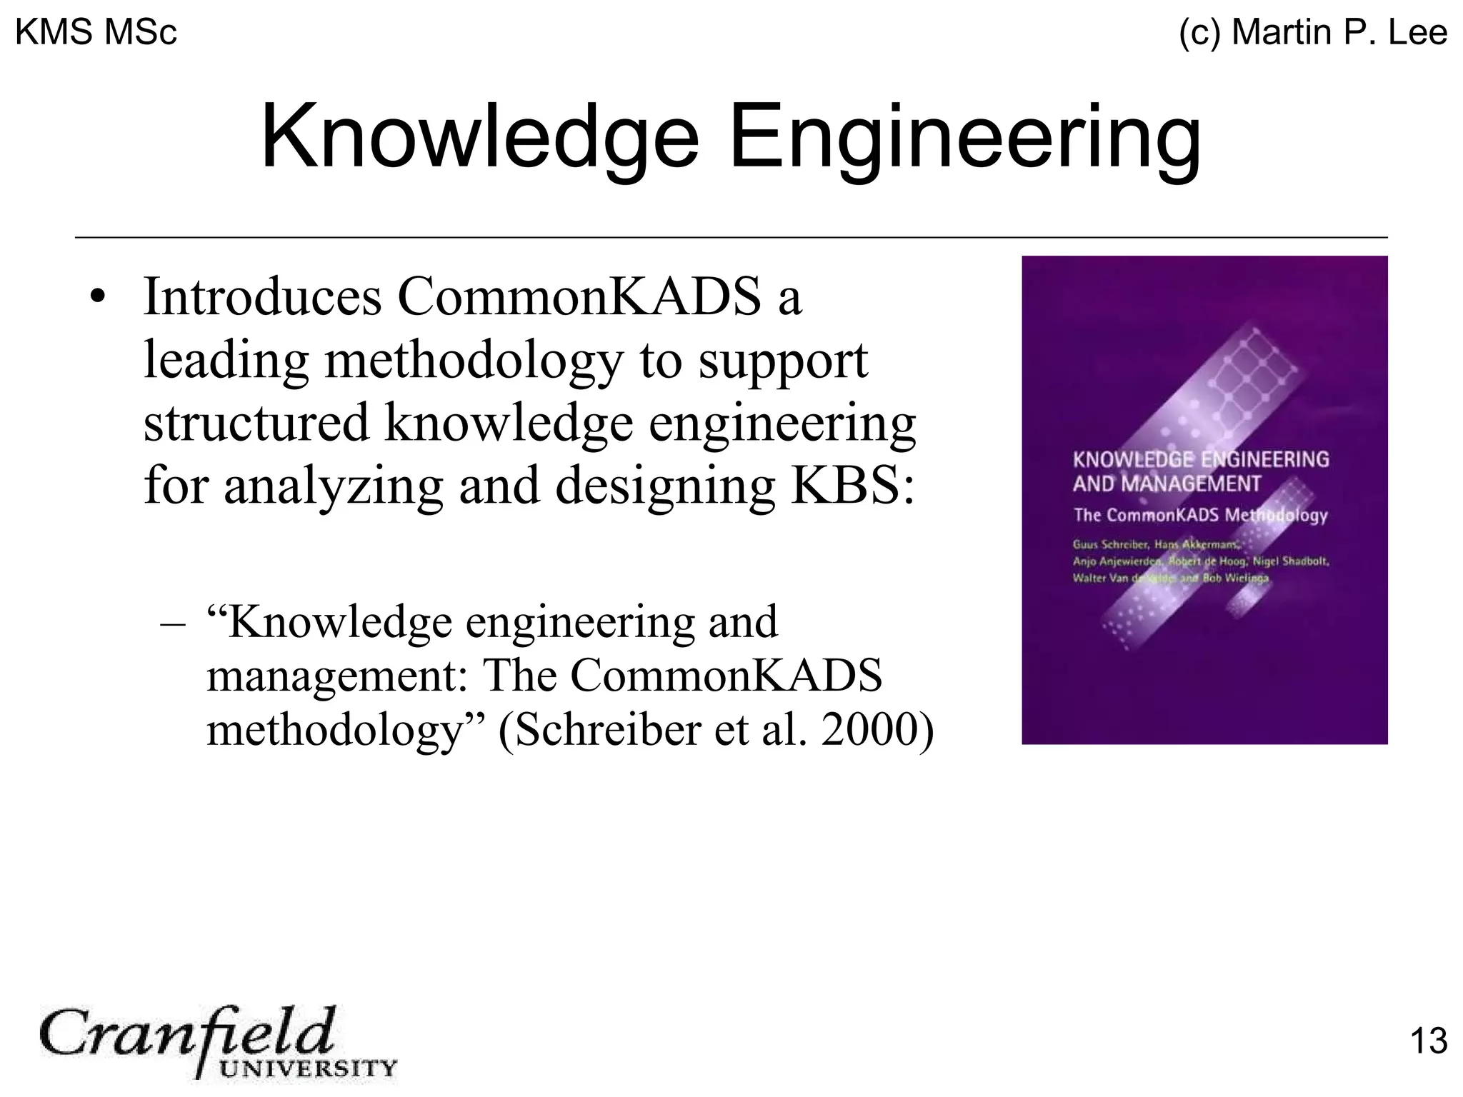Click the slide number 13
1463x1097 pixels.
pyautogui.click(x=1428, y=1041)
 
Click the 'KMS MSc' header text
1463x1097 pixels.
pyautogui.click(x=96, y=33)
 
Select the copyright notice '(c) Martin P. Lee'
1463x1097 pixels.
pyautogui.click(x=1313, y=33)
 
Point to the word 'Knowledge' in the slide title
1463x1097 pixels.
pyautogui.click(x=479, y=137)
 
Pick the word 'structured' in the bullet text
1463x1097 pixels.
pyautogui.click(x=256, y=423)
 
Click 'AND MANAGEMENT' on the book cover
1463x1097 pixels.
pyautogui.click(x=1167, y=484)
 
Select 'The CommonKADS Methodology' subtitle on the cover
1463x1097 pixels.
pyautogui.click(x=1200, y=515)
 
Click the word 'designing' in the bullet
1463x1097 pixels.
pyautogui.click(x=664, y=486)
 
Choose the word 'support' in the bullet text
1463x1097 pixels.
pyautogui.click(x=783, y=361)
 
